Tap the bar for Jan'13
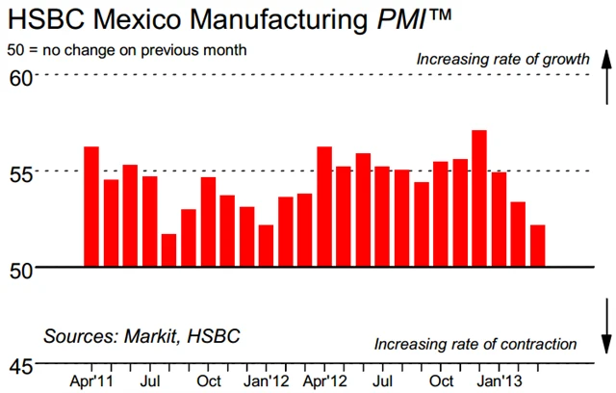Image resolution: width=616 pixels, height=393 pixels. click(x=499, y=220)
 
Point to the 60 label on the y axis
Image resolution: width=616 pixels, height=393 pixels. click(x=20, y=75)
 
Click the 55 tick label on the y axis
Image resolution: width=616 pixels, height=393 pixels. click(x=20, y=172)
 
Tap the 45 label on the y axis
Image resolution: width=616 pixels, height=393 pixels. click(x=20, y=366)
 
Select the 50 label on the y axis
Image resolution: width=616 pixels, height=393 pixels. click(x=20, y=268)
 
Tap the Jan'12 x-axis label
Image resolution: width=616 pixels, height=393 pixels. click(x=266, y=380)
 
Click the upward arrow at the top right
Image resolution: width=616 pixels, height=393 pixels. click(x=604, y=77)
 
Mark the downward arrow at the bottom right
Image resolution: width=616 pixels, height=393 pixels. click(x=604, y=327)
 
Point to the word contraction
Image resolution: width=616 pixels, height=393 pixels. click(x=532, y=344)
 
